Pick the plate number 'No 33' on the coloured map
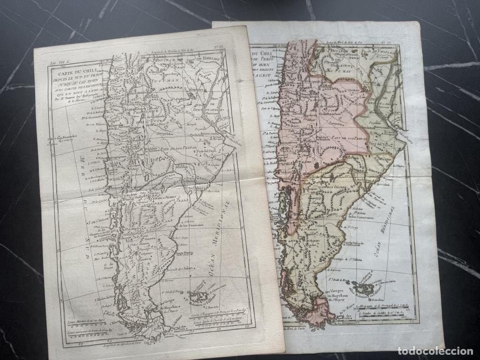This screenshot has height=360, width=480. (x=399, y=43)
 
